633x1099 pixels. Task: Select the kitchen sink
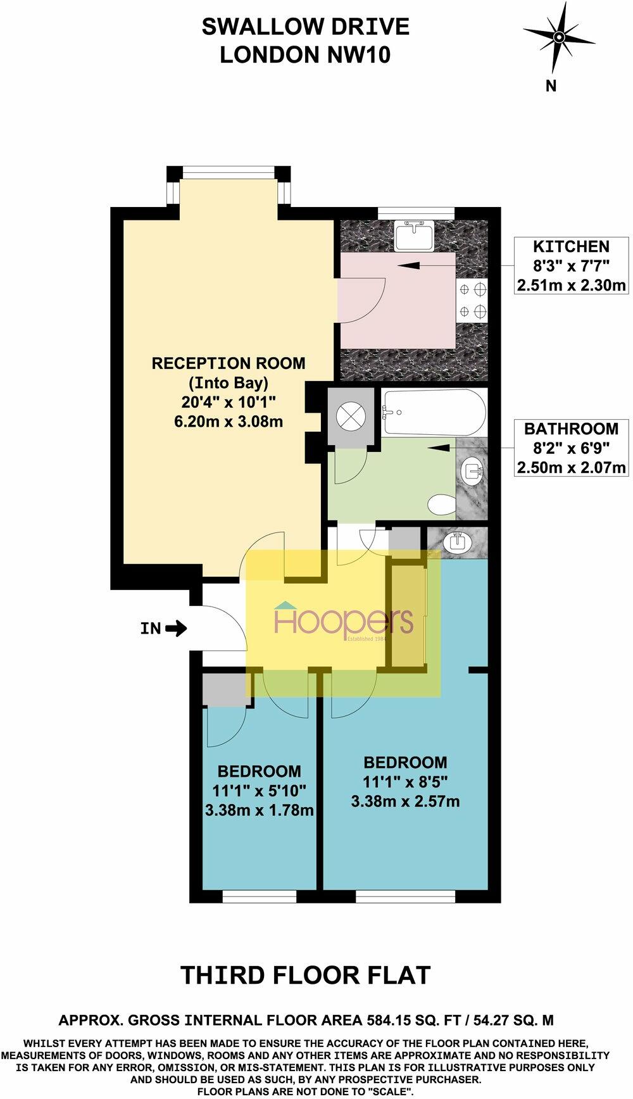414,235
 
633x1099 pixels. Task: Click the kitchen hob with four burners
473,301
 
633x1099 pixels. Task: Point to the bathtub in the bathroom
434,412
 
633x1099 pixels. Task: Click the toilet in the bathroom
441,505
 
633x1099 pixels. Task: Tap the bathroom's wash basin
473,470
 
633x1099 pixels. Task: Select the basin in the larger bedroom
457,543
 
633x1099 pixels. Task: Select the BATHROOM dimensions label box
571,448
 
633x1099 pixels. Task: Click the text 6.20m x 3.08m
228,421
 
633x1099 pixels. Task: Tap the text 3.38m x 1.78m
260,810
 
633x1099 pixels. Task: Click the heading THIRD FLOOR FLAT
306,975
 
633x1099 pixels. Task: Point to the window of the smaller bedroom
260,896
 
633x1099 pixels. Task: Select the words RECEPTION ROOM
228,363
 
